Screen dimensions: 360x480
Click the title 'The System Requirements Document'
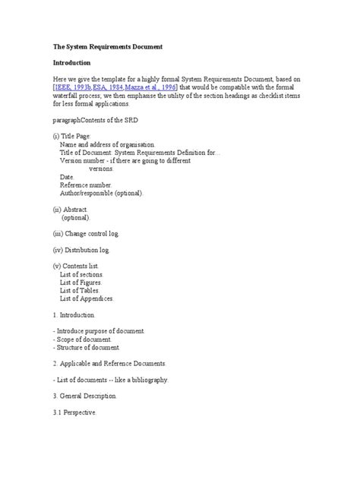pyautogui.click(x=108, y=46)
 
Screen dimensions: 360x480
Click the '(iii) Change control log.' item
pyautogui.click(x=87, y=232)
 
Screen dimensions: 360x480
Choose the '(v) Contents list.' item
pyautogui.click(x=79, y=265)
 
